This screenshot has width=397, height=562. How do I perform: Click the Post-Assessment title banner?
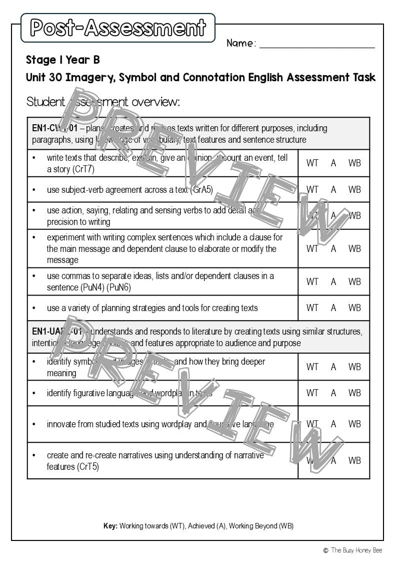(x=118, y=28)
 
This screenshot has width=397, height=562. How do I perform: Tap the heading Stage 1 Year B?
(x=63, y=60)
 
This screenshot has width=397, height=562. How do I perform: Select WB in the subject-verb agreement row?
(x=354, y=190)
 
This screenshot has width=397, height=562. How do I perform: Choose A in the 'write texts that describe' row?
(x=333, y=163)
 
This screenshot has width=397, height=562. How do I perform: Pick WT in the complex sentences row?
(x=312, y=249)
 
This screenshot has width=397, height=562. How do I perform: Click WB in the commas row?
(x=354, y=282)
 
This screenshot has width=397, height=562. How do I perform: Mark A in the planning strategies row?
(x=333, y=308)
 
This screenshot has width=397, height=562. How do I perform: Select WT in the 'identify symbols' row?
(x=312, y=367)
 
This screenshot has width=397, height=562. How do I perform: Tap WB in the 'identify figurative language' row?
(x=354, y=393)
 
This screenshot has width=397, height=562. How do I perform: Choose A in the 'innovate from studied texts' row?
(x=333, y=424)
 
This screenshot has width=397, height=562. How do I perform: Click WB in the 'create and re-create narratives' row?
(x=354, y=460)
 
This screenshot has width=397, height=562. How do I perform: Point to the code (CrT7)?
(x=83, y=169)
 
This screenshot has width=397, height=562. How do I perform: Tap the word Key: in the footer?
(x=110, y=526)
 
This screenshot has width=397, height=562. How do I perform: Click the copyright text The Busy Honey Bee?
(x=356, y=550)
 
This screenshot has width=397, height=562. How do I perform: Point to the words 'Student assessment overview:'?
(x=103, y=102)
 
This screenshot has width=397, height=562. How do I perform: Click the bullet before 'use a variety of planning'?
(x=34, y=308)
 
